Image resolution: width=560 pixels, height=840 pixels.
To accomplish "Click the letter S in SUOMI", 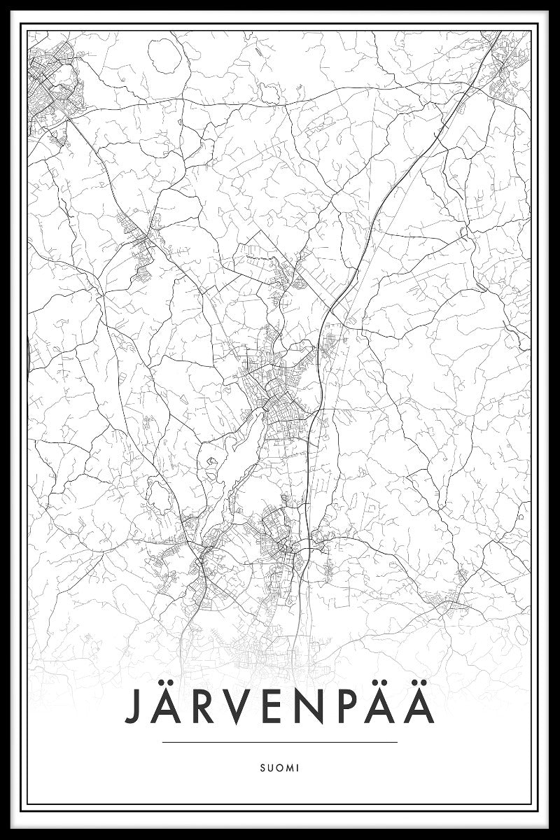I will point(262,767).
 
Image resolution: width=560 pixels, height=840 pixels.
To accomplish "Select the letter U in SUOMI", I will point(270,767).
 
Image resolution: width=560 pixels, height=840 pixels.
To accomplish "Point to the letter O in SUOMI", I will point(279,767).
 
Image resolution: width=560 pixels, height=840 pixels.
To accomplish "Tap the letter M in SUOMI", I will point(289,767).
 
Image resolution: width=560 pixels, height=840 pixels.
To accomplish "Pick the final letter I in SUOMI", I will point(297,767).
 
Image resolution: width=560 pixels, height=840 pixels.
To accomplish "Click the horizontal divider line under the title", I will point(279,742).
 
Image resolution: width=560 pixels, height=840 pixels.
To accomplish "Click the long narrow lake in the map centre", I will point(241,448).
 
